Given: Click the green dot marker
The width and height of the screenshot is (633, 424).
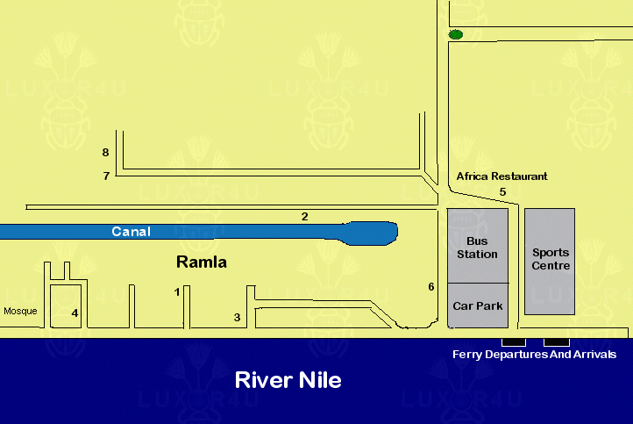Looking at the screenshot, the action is [456, 35].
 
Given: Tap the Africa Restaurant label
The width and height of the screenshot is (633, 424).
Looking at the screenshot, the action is [501, 176].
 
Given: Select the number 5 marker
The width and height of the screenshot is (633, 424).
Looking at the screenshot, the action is [502, 192].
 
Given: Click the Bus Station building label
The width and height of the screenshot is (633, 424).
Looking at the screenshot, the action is [477, 248].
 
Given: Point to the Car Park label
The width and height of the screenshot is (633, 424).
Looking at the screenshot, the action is [478, 306].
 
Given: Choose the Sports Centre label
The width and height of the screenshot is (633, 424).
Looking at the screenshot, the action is [551, 259].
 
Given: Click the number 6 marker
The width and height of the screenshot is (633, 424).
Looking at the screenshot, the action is [431, 286].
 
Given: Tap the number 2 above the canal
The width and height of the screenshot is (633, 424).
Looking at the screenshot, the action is [305, 217].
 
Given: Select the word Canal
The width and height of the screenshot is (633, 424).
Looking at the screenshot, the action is [132, 232].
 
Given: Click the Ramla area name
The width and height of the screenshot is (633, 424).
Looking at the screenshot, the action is [202, 262].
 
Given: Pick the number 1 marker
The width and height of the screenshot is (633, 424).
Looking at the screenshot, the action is [177, 291].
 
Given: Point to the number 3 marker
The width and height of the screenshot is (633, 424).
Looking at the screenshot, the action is [238, 318].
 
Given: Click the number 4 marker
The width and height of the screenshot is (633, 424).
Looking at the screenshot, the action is [75, 313].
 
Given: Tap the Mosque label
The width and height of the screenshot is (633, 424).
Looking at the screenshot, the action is [20, 312].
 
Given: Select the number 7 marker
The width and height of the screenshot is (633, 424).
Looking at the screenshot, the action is [106, 176].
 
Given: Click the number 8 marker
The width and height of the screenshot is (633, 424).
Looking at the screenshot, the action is [105, 153].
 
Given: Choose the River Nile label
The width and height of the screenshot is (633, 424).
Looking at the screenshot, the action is [288, 380].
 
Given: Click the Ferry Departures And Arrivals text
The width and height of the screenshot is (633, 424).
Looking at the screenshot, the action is [535, 355].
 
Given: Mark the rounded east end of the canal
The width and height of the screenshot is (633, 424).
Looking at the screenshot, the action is [396, 231].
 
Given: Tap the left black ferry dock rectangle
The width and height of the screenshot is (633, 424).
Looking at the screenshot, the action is [514, 342].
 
